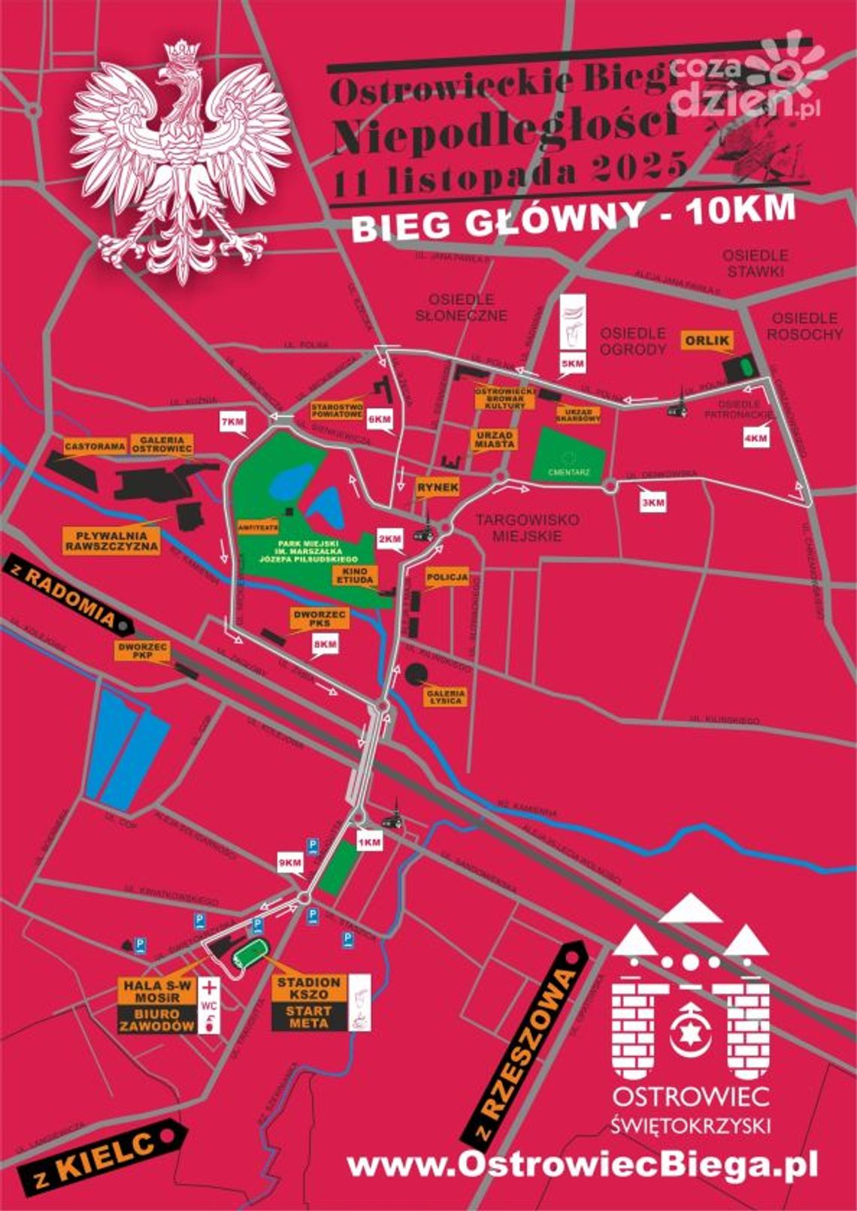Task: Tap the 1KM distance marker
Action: coord(369,842)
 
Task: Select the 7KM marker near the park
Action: coord(232,422)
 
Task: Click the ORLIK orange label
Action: coord(707,340)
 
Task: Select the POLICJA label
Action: coord(447,578)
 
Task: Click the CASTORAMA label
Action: coord(95,446)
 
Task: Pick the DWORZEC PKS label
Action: coord(320,618)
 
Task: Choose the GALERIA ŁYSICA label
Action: coord(447,696)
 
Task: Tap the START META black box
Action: coord(308,1017)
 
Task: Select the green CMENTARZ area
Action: coord(569,455)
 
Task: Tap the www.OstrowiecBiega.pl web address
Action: coord(582,1166)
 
